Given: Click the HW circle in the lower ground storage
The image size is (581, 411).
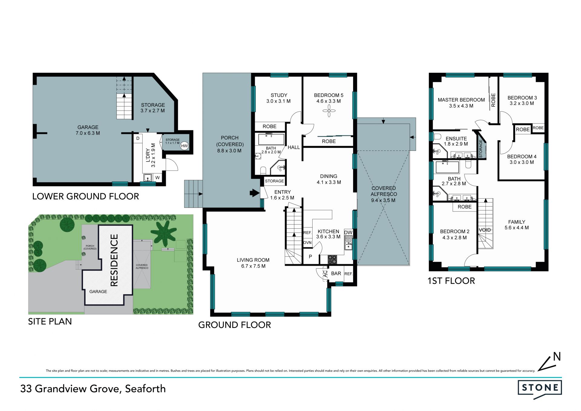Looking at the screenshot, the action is tap(184, 146).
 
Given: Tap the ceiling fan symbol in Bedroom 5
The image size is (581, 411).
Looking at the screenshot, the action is tap(329, 111).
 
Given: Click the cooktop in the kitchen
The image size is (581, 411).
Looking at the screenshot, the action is tap(332, 260).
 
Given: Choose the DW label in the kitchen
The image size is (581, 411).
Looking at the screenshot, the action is tap(348, 233).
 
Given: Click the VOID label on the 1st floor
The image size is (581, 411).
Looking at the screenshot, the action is tap(485, 230).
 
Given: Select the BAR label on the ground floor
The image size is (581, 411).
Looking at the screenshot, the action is tap(336, 273).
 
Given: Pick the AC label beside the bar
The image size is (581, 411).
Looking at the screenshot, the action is tap(325, 274).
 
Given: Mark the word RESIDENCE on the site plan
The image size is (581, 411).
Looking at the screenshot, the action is tap(114, 260).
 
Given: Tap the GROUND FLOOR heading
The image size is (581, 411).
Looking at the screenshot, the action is tap(235, 325).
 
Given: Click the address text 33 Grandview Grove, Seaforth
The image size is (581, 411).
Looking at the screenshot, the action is tap(93, 389).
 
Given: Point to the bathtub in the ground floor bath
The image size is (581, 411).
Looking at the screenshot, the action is tap(271, 139).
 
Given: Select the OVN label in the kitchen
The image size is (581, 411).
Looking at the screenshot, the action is tap(307, 243).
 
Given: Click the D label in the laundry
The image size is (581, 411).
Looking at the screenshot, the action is tap(138, 138).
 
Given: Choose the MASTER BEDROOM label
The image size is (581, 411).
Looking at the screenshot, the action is tap(461, 100).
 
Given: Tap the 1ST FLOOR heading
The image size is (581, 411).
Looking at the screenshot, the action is tap(451, 281).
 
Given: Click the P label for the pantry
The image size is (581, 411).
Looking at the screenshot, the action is tap(310, 257).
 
